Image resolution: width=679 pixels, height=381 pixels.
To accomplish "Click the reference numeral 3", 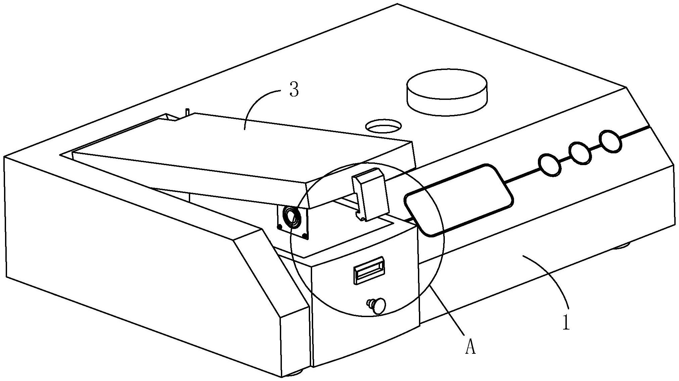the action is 294,90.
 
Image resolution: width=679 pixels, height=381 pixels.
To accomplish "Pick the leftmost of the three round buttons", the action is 550,164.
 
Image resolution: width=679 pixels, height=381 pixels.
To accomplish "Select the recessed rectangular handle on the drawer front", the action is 369,269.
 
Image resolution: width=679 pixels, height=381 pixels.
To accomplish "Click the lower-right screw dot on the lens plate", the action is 305,237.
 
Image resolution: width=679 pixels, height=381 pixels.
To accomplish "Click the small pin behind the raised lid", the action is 187,112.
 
